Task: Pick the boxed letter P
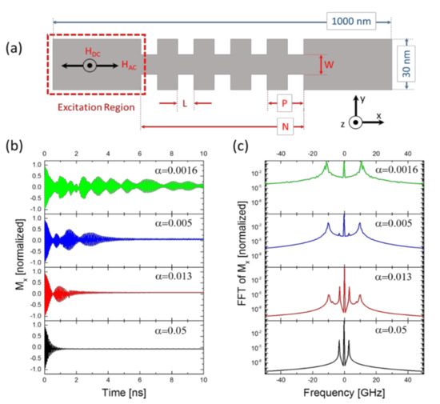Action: (284, 104)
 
